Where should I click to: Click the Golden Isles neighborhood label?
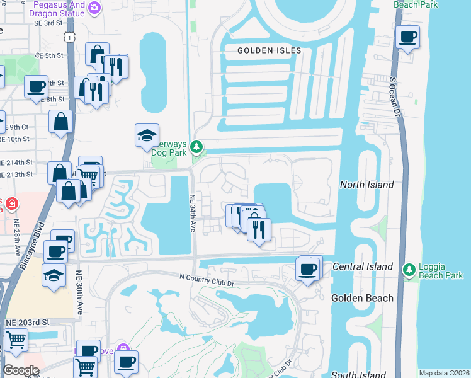[x=270, y=50]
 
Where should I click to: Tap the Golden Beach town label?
[x=362, y=298]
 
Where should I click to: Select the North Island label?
[x=366, y=185]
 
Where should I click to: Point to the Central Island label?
[x=363, y=266]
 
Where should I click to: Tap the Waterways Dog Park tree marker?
[x=197, y=147]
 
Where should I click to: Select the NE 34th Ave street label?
[x=193, y=212]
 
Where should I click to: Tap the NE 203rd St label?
[x=27, y=322]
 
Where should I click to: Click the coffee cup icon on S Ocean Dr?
[x=407, y=37]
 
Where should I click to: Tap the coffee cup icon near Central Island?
[x=307, y=269]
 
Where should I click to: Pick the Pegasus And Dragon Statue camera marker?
[x=94, y=7]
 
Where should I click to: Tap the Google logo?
[x=21, y=370]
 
